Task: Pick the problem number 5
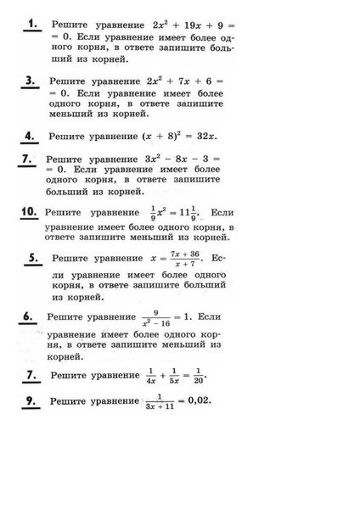[x=33, y=257]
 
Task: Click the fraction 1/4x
[x=150, y=375]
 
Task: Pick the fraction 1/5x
[x=174, y=375]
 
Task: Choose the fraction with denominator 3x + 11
[x=158, y=401]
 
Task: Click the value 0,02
[x=194, y=400]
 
